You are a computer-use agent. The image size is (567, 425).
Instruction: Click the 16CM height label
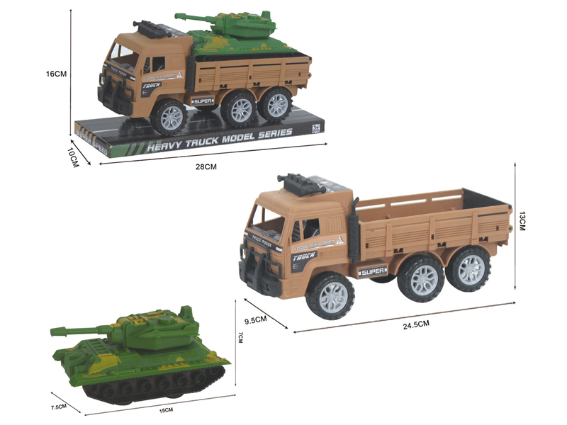pos(55,74)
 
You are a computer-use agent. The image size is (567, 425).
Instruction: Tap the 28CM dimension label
pos(205,166)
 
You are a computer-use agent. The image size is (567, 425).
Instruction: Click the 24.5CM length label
pos(416,324)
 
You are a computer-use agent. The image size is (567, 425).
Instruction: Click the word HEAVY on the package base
pos(165,147)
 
